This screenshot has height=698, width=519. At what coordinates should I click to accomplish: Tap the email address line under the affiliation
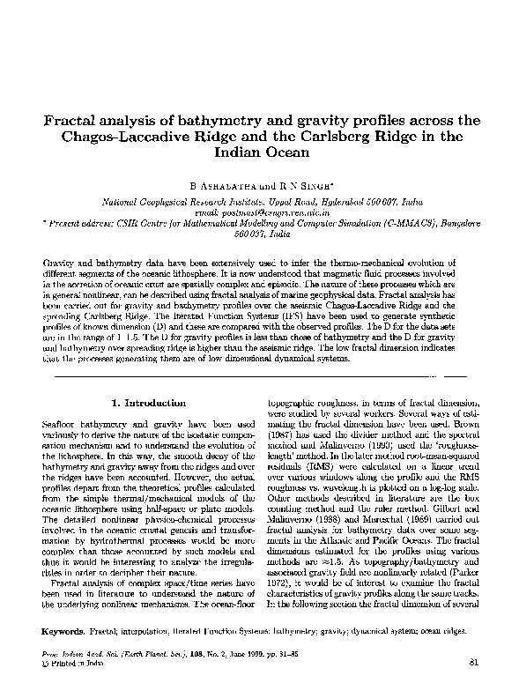pos(259,212)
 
